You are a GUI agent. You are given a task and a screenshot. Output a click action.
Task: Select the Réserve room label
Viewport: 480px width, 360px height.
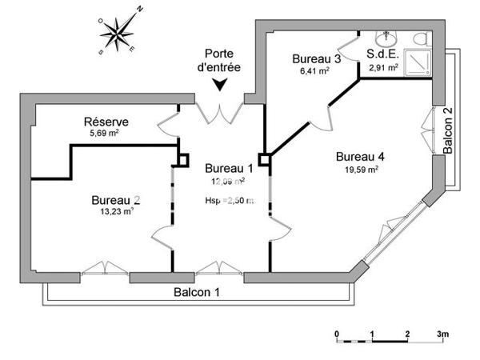click(106, 122)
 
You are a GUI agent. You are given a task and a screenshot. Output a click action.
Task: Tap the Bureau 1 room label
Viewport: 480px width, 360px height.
click(229, 168)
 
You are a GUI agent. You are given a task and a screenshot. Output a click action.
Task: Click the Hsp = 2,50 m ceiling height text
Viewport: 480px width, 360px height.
click(229, 201)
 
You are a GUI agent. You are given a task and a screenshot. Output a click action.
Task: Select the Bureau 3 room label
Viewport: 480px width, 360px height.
click(317, 58)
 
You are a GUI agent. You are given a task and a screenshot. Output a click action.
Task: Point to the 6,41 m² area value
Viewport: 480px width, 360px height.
click(313, 70)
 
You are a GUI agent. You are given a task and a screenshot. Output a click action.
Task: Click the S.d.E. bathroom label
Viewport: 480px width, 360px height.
click(383, 55)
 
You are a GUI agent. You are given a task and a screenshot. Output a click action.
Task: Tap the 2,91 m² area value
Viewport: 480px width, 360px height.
click(383, 69)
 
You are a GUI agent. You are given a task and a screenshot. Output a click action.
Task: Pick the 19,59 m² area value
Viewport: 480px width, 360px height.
click(362, 169)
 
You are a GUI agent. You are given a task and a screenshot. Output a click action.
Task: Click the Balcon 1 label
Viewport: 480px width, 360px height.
click(197, 292)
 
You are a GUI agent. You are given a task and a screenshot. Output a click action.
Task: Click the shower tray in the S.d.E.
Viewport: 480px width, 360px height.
click(418, 62)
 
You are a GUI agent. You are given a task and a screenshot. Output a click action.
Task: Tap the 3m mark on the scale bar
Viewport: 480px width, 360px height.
click(442, 334)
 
